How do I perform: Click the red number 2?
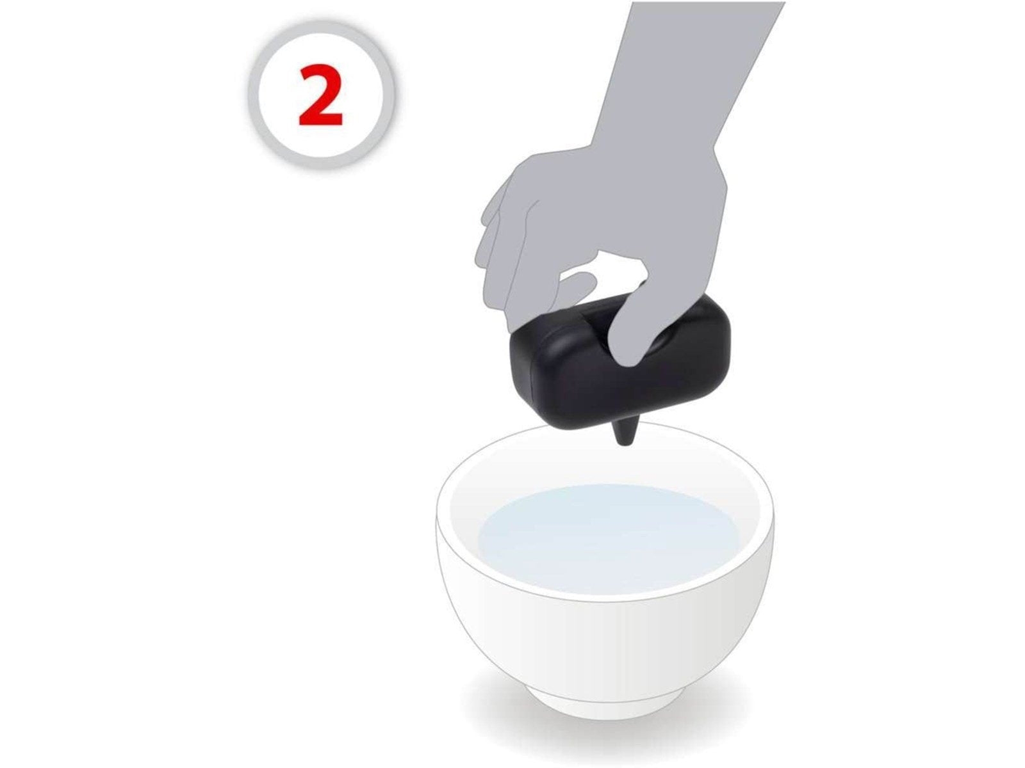pos(320,95)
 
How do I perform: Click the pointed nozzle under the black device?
pos(623,431)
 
